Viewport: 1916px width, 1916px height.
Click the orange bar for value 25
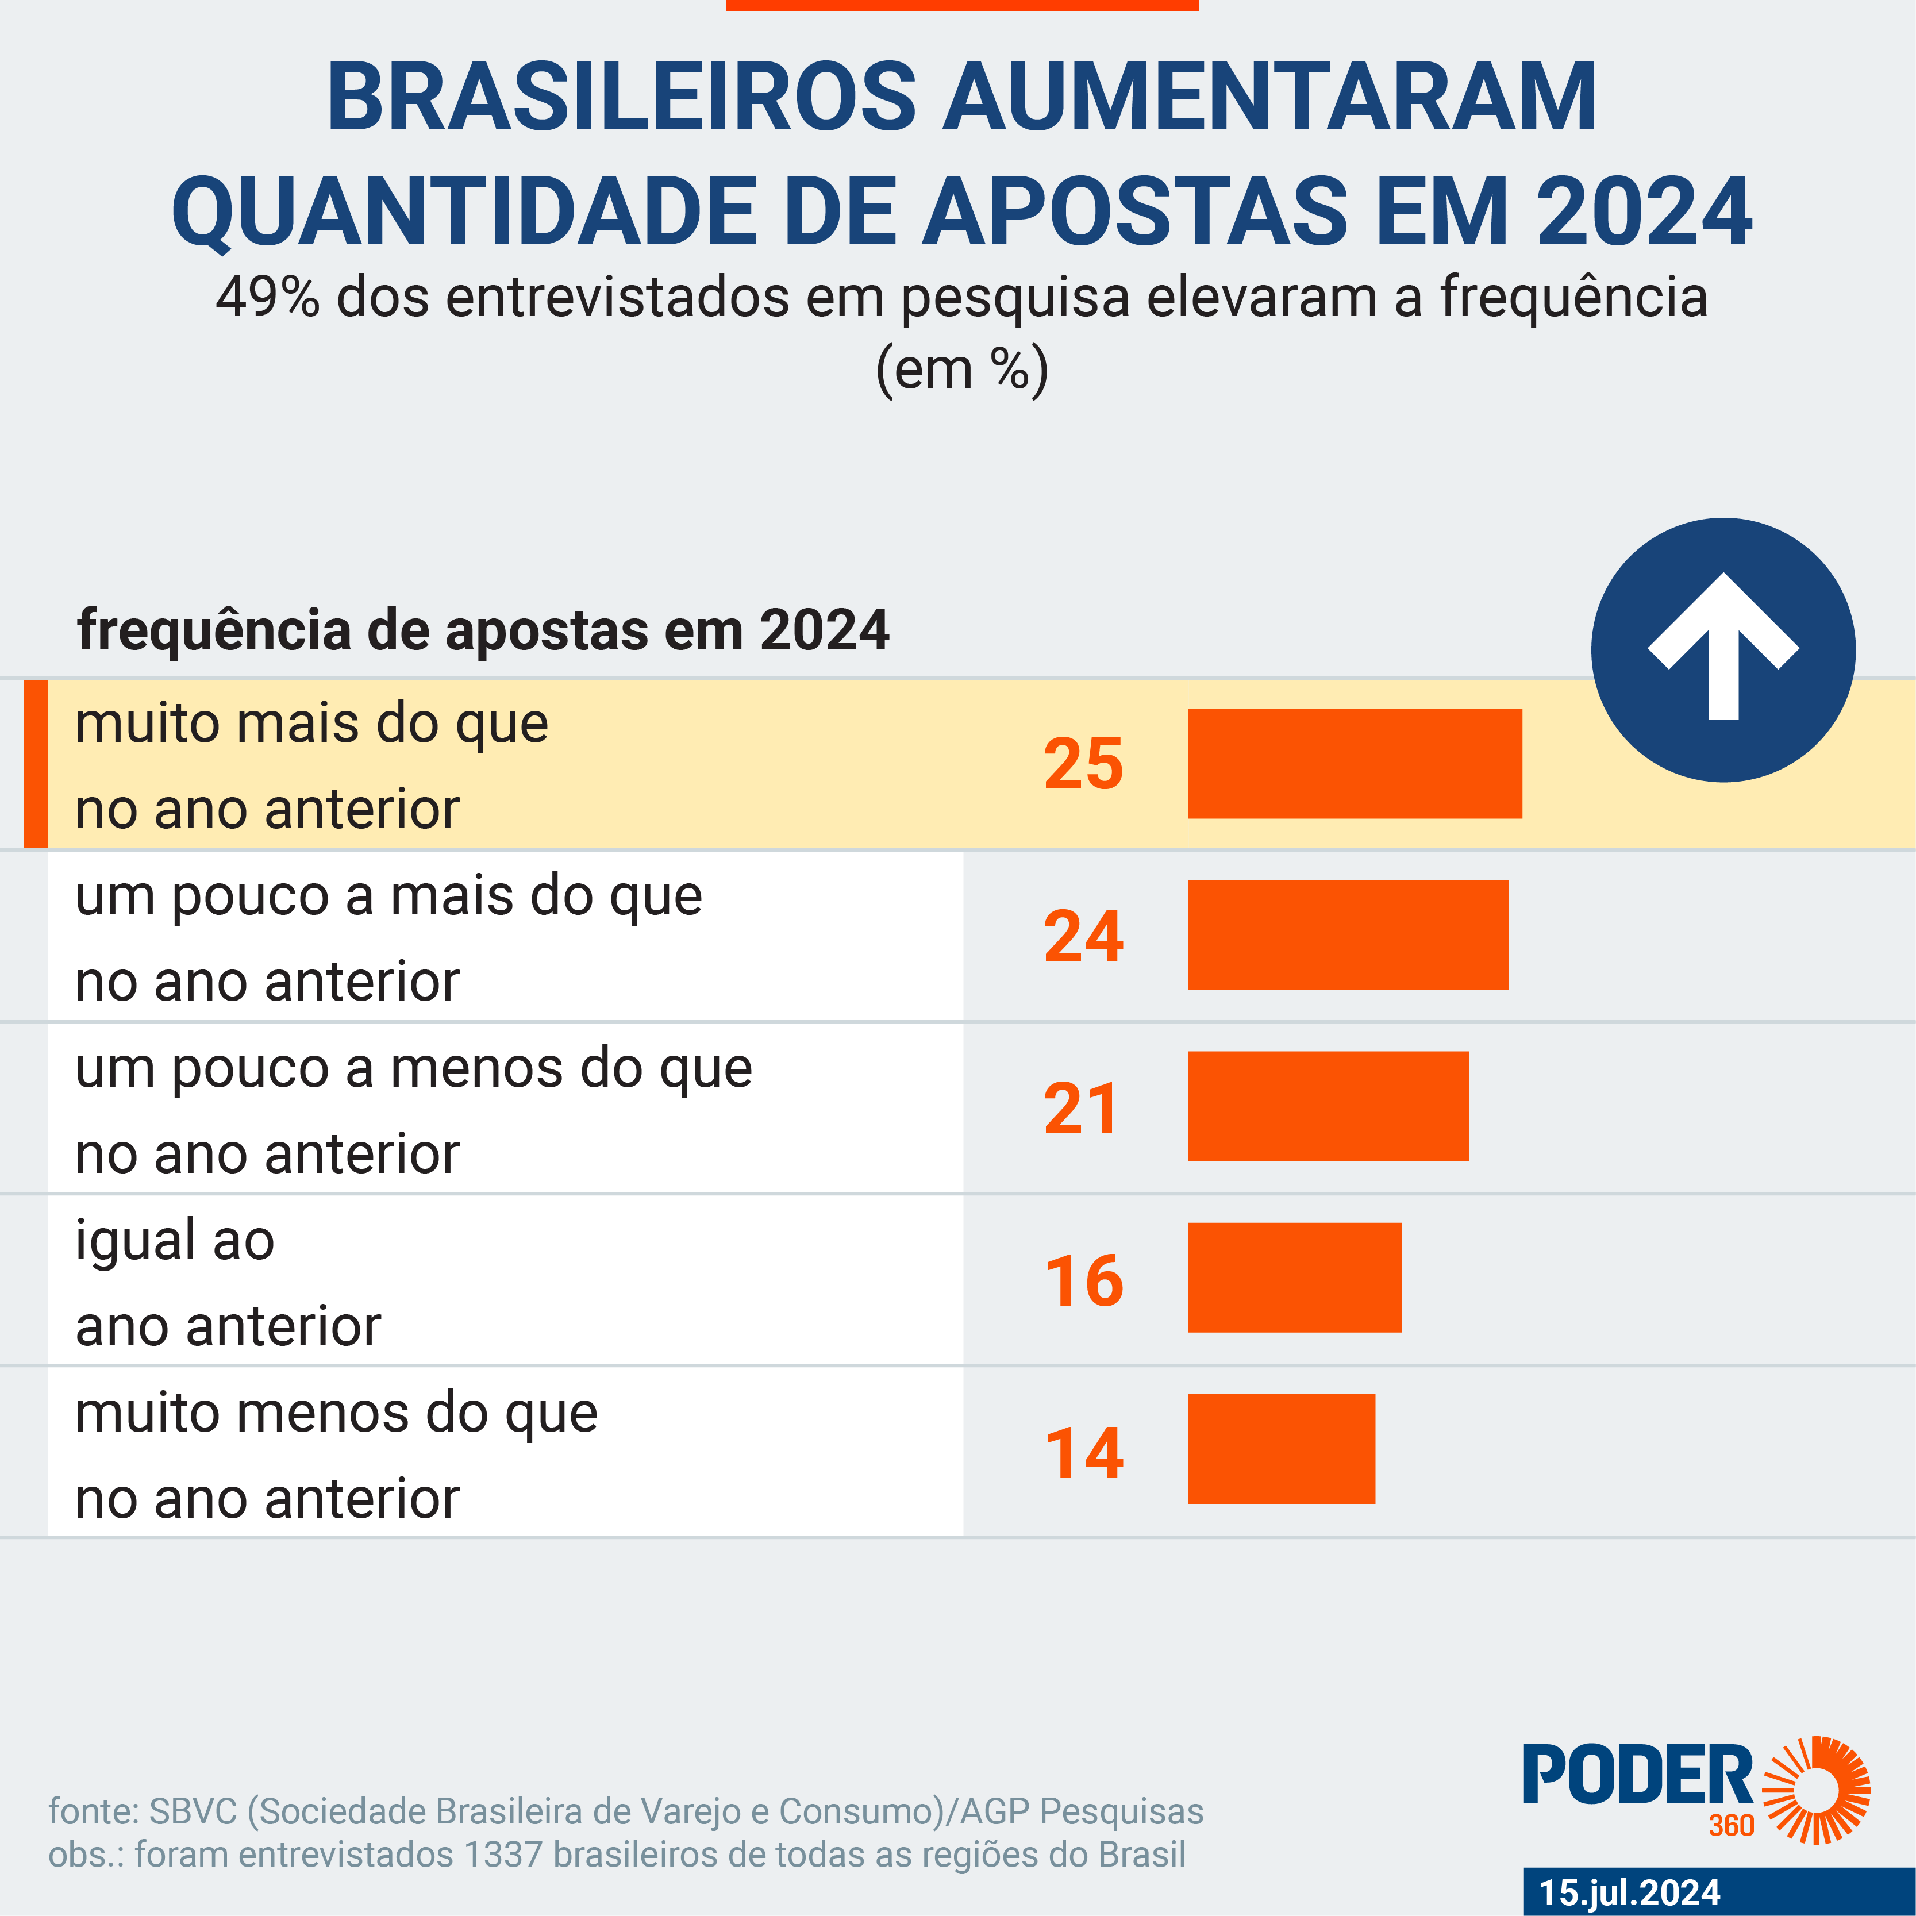[1355, 764]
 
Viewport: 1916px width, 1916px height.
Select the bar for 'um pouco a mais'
[1348, 935]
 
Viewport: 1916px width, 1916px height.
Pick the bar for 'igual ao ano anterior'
[1294, 1278]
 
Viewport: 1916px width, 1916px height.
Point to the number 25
[1083, 764]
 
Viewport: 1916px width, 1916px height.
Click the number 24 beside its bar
[1083, 936]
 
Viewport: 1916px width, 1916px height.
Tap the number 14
[1084, 1453]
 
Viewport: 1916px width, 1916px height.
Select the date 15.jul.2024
[1629, 1892]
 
